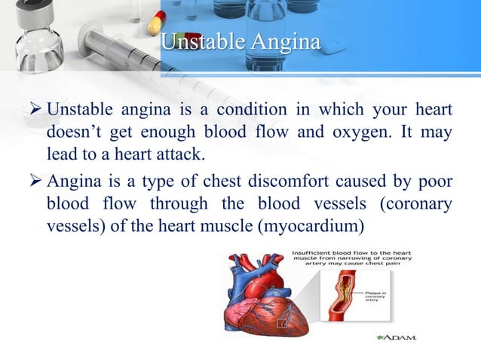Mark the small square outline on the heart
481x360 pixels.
pyautogui.click(x=281, y=323)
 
